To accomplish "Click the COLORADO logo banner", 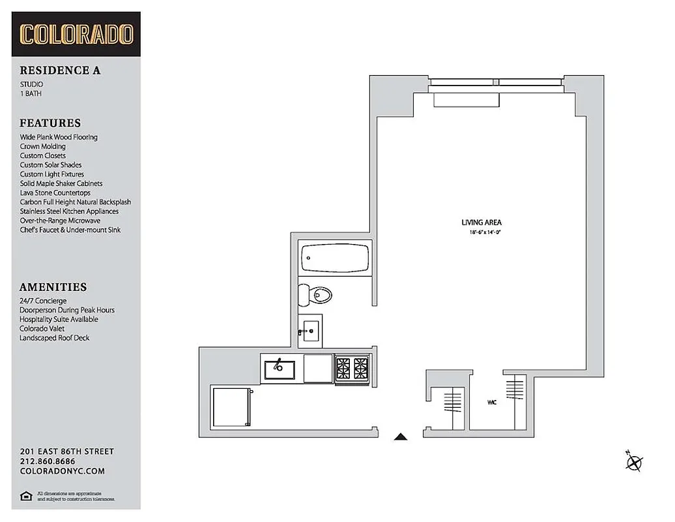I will (76, 35).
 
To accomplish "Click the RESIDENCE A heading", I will (60, 70).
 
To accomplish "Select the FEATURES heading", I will (50, 123).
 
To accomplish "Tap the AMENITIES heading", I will (53, 286).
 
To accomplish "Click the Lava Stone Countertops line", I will (55, 192).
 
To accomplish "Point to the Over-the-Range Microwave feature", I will (60, 221).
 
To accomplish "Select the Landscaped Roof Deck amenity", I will (54, 338).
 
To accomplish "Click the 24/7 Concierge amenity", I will (43, 301).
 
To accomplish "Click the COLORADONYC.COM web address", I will (62, 471).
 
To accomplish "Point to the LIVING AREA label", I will (481, 223).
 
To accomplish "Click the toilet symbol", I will (315, 296).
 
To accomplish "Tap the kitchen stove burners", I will (352, 370).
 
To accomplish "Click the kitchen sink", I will (280, 370).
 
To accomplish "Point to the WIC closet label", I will (491, 403).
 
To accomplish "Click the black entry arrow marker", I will (401, 437).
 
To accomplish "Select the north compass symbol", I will (633, 462).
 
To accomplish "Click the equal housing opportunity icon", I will (26, 496).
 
